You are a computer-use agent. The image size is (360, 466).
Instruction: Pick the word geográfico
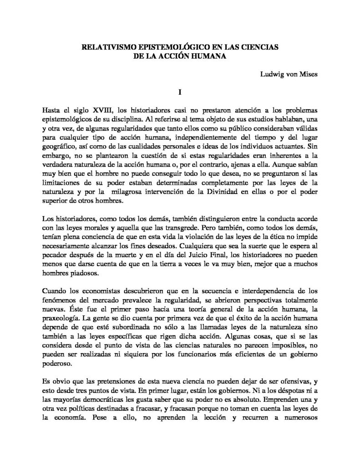[57, 148]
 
